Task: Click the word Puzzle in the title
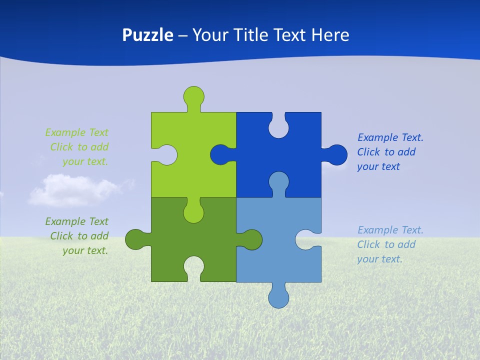click(147, 35)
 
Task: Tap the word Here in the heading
click(330, 35)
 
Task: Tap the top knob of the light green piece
click(193, 95)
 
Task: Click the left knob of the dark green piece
click(134, 239)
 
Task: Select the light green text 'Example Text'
click(76, 132)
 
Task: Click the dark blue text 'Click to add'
click(386, 152)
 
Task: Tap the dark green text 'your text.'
click(85, 250)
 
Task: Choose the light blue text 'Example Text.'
click(390, 230)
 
